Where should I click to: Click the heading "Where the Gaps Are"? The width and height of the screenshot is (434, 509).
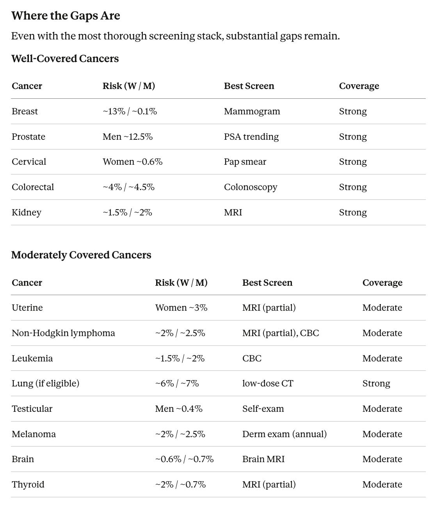click(66, 16)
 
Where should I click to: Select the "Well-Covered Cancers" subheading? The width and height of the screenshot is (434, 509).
click(65, 59)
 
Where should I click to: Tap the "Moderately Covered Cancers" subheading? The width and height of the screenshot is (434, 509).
click(81, 255)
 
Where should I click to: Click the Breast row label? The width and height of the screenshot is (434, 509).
click(25, 111)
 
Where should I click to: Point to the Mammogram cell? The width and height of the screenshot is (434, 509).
click(252, 111)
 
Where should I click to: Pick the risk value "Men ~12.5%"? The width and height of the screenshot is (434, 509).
click(127, 137)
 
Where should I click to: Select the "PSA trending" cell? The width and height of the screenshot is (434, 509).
click(251, 137)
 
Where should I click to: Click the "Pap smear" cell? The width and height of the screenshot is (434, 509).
click(245, 162)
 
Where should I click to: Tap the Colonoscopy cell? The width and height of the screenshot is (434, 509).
click(250, 187)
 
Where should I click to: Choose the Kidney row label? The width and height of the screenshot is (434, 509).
click(26, 212)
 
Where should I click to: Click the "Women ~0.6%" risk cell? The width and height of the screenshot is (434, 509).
click(132, 162)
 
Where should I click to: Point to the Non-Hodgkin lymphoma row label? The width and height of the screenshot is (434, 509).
click(63, 333)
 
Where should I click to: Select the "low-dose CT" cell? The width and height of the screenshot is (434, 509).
click(267, 383)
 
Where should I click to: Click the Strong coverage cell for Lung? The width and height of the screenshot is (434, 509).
click(376, 383)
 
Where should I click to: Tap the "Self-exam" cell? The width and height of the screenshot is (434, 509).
click(263, 409)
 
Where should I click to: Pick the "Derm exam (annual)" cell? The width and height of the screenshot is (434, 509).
click(284, 434)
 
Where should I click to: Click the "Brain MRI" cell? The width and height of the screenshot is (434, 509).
click(263, 459)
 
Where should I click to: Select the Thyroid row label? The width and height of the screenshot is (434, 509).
click(28, 484)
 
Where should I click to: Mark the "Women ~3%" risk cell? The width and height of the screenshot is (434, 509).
click(181, 308)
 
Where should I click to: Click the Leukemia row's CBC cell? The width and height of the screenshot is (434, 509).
click(252, 358)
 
